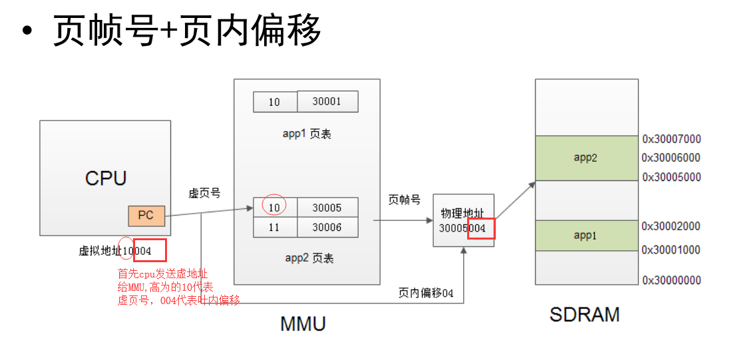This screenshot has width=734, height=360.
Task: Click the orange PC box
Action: coord(146,216)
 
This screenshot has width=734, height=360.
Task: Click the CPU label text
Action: coord(105,178)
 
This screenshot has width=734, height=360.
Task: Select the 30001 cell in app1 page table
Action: coord(327,102)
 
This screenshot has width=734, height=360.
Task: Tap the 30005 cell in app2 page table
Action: coord(327,208)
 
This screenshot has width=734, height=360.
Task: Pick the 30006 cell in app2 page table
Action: coord(327,227)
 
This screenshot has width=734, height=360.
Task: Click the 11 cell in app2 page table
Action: coord(275,227)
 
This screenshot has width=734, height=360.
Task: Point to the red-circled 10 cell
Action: coord(274,207)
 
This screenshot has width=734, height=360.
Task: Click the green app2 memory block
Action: coord(586,158)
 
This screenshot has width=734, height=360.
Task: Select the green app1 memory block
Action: coord(586,236)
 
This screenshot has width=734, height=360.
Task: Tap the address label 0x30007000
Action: coord(671,140)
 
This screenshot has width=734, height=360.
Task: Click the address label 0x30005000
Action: coord(671,178)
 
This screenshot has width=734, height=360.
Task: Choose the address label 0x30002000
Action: coord(671,226)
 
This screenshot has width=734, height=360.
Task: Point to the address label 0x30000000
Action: coord(671,280)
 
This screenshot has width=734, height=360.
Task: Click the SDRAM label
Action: coord(584,314)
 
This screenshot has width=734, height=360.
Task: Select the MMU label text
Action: coord(303,324)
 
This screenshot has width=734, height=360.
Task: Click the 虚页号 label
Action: coord(204,193)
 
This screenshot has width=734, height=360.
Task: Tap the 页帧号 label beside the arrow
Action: coord(404,200)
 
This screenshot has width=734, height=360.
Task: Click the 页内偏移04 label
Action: coord(426,293)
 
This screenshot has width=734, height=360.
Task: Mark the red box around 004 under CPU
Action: coord(150,250)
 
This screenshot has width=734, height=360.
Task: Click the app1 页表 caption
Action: coord(307,134)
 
